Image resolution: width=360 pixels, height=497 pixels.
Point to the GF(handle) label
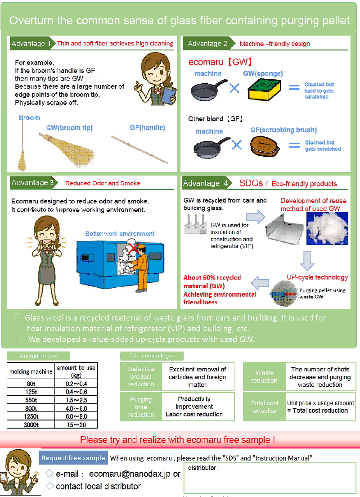tap(148, 127)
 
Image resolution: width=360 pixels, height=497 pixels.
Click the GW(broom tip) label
tap(69, 127)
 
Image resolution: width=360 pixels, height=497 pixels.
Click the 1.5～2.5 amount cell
tap(76, 400)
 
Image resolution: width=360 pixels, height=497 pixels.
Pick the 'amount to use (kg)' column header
tap(76, 371)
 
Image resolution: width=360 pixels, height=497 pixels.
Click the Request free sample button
tap(73, 458)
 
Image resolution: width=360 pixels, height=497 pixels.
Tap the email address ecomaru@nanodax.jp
tap(130, 474)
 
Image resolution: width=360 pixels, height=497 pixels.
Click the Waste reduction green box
tap(265, 377)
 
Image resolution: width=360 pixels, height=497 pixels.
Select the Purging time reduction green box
tap(141, 407)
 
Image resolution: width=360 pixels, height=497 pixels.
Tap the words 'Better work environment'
tap(120, 234)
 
